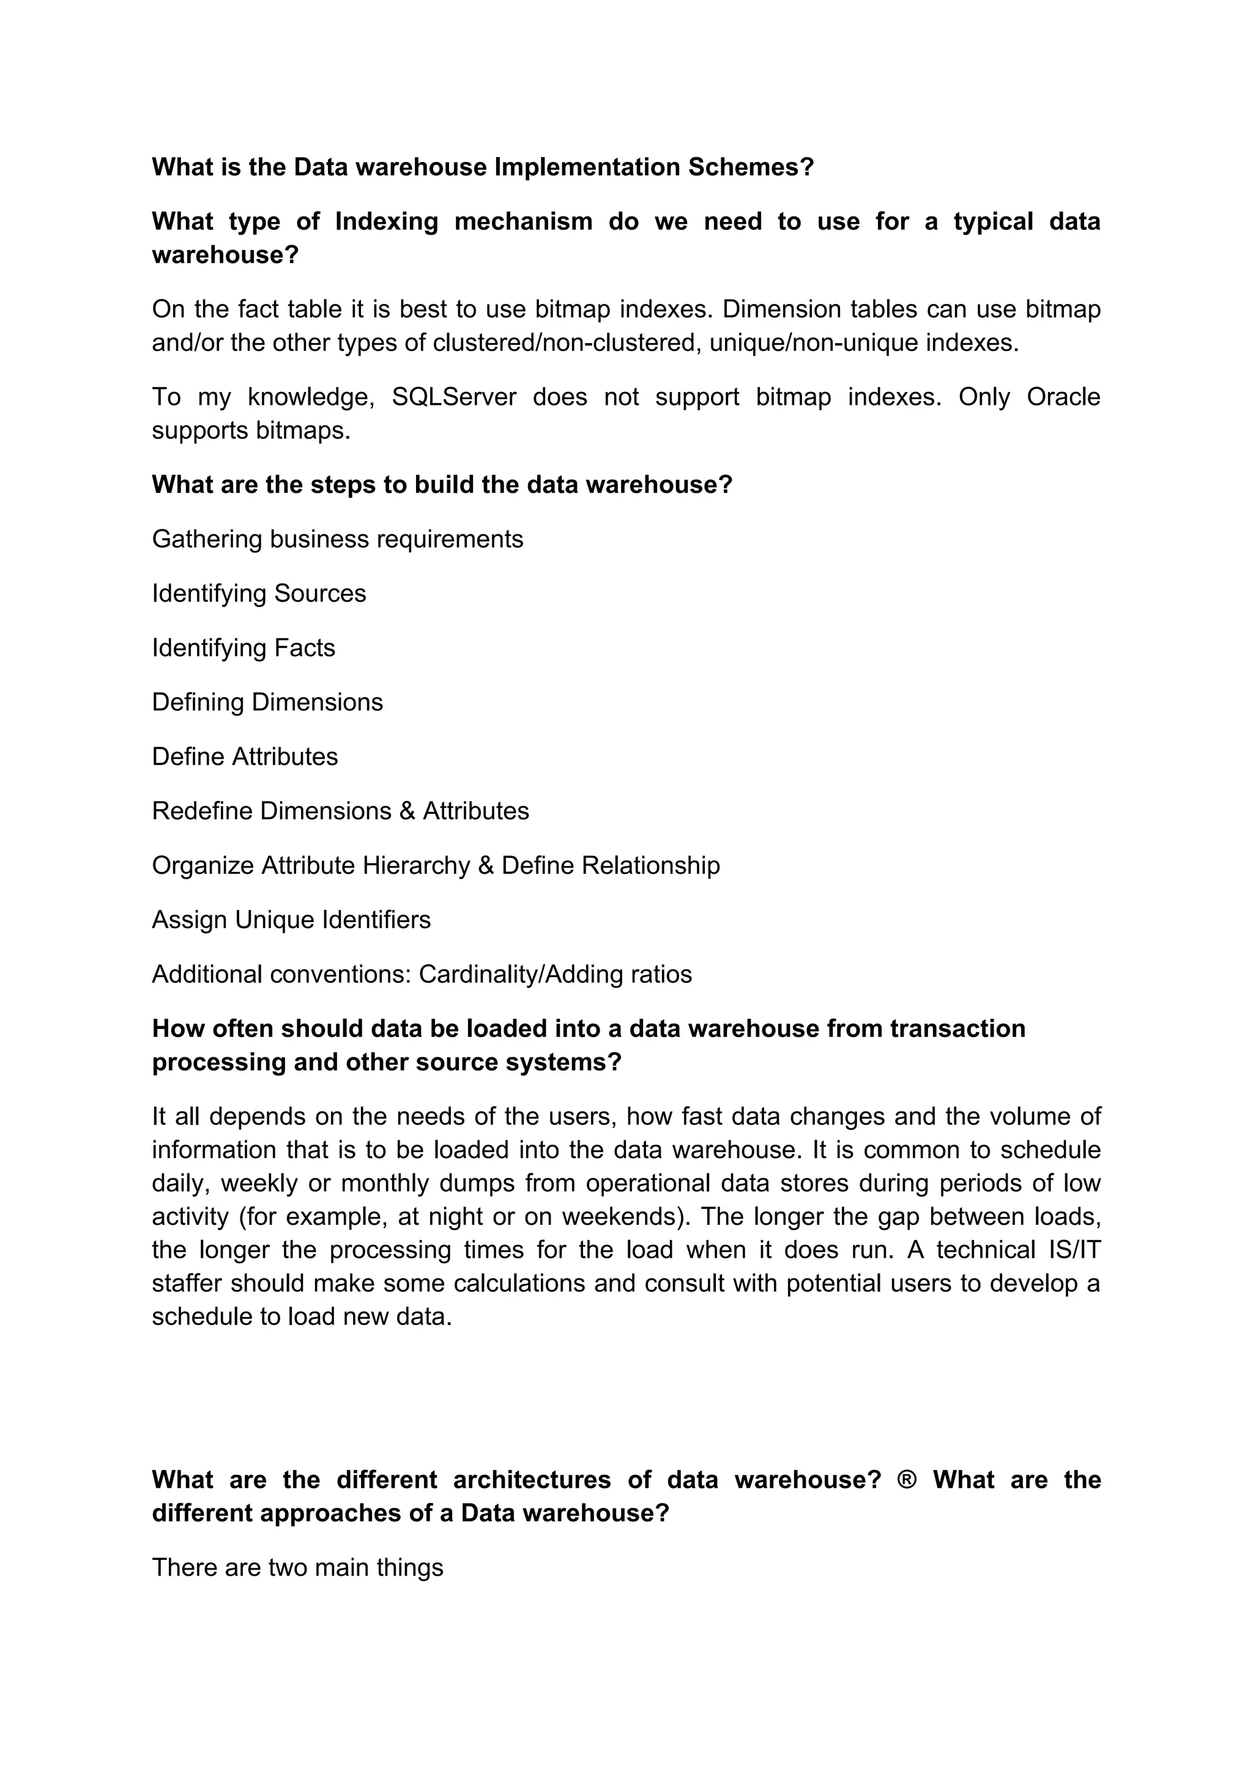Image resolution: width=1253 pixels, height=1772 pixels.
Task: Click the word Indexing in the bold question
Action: [386, 221]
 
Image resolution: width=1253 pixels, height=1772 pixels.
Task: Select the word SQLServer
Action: [454, 397]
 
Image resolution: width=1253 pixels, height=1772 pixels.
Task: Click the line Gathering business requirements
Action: [337, 539]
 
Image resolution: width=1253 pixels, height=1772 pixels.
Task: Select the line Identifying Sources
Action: [259, 594]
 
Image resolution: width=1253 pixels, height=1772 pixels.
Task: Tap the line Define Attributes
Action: [245, 756]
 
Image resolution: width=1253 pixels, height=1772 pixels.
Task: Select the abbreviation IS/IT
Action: [1069, 1249]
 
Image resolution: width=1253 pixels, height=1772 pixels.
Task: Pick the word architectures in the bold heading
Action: [531, 1480]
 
